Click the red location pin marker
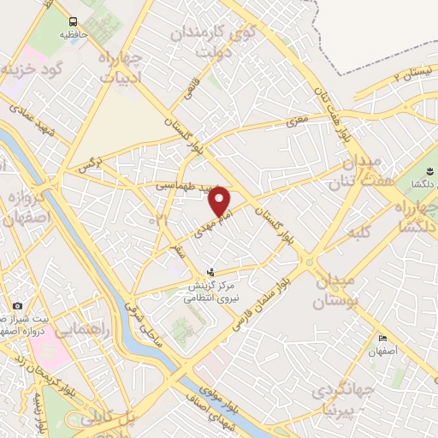[221, 202]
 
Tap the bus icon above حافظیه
[73, 21]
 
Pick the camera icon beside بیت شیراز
[17, 305]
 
